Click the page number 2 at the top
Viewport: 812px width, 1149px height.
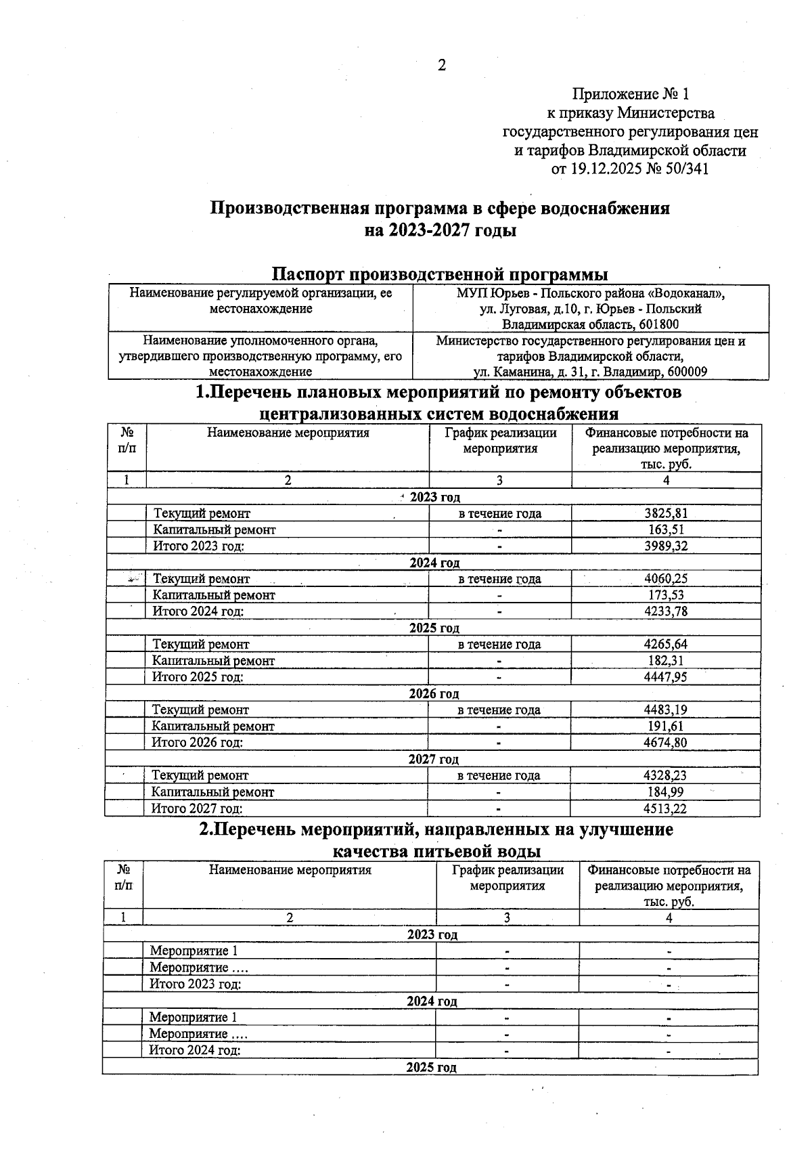pyautogui.click(x=442, y=66)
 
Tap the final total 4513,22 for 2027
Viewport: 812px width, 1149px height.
pyautogui.click(x=666, y=808)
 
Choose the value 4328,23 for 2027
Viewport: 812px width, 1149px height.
pyautogui.click(x=666, y=776)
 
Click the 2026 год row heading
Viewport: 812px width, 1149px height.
pyautogui.click(x=434, y=694)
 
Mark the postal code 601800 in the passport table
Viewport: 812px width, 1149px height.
pyautogui.click(x=659, y=325)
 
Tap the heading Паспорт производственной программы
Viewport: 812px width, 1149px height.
pyautogui.click(x=439, y=274)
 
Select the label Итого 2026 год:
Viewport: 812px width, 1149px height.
pyautogui.click(x=197, y=743)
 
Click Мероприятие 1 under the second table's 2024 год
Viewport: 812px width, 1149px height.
pyautogui.click(x=194, y=1018)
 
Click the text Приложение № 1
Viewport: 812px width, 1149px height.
pyautogui.click(x=630, y=93)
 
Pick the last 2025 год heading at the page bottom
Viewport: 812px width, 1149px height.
pyautogui.click(x=431, y=1068)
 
